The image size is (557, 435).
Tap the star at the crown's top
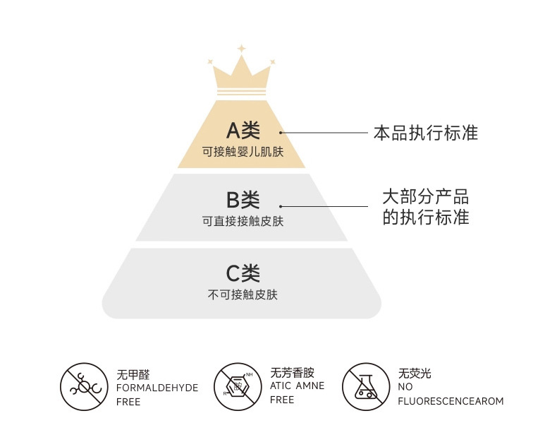(x=241, y=49)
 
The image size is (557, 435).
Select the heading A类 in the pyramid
(x=243, y=131)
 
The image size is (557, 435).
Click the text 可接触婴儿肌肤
(x=243, y=151)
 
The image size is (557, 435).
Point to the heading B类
(x=243, y=200)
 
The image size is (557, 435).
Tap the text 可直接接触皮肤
(x=243, y=221)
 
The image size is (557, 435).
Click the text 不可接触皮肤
(x=243, y=294)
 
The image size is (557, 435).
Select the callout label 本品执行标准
(x=425, y=132)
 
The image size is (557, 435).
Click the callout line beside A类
(x=324, y=132)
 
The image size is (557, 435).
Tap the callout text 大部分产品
(x=425, y=196)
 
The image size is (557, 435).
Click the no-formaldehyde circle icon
(x=84, y=387)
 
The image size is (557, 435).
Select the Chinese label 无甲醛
(x=133, y=374)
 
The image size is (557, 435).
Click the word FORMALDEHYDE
(x=157, y=388)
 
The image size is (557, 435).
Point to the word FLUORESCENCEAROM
(x=451, y=401)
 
